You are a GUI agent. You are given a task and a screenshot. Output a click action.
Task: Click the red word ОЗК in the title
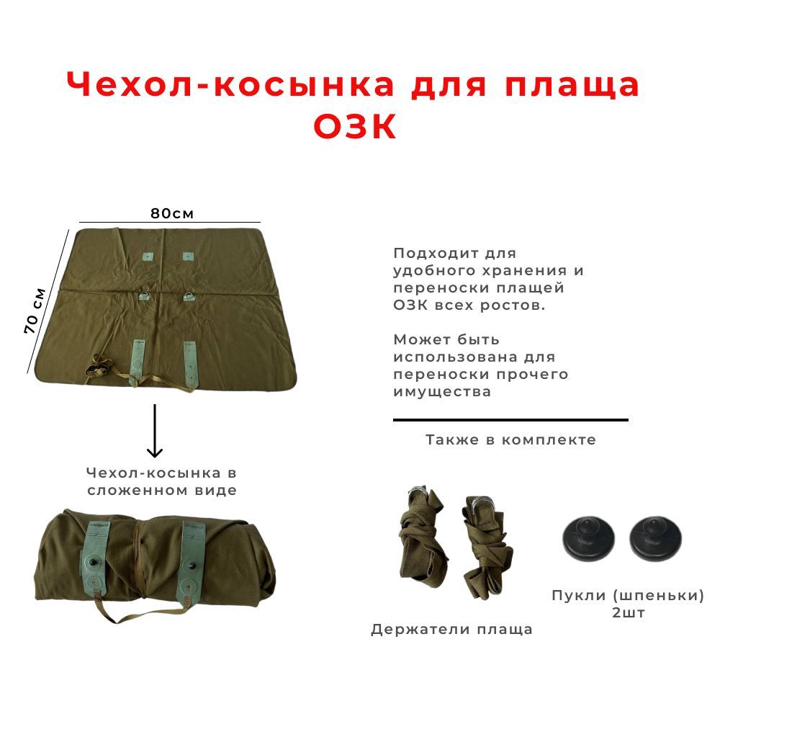tap(355, 126)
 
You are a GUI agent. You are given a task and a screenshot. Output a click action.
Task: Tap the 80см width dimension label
tap(172, 213)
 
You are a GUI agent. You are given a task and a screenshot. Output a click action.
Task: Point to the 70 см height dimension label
tap(35, 311)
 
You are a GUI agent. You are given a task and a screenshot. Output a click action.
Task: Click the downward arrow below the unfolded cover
tap(155, 431)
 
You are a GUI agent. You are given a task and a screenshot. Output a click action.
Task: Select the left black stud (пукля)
tap(589, 538)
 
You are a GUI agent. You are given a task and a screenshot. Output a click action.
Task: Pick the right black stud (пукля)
tap(655, 538)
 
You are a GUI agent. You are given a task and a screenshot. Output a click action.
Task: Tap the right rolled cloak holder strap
tap(487, 547)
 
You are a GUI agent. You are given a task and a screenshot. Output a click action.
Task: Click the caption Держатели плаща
tap(452, 630)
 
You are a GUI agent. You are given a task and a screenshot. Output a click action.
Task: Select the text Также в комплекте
tap(511, 439)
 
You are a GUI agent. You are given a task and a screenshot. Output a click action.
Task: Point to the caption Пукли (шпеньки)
tap(629, 595)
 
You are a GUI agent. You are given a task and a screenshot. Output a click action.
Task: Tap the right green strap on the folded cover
tap(191, 558)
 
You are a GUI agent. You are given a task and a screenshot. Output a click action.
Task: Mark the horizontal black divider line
tap(511, 420)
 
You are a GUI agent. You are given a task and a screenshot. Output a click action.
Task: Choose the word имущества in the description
tap(442, 392)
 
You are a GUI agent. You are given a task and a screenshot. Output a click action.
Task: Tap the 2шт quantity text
tap(629, 612)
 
